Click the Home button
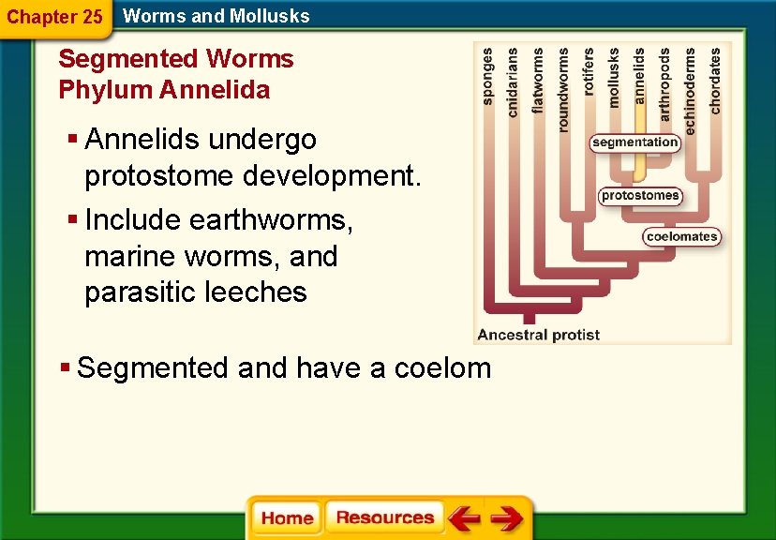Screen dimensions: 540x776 tap(287, 518)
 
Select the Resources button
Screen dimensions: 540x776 tap(384, 517)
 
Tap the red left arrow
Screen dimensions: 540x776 tap(463, 518)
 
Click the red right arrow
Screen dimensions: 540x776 tap(507, 518)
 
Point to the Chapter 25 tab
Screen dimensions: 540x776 tap(54, 17)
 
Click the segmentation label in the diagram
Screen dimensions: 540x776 tap(635, 142)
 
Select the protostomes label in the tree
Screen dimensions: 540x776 tap(641, 196)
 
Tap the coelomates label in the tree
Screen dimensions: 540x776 tap(682, 236)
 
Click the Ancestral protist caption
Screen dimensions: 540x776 tap(538, 335)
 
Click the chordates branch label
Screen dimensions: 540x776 tap(716, 81)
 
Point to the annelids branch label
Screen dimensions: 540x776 tap(639, 76)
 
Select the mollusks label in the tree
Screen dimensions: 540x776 tap(614, 78)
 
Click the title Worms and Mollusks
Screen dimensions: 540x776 tap(216, 16)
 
